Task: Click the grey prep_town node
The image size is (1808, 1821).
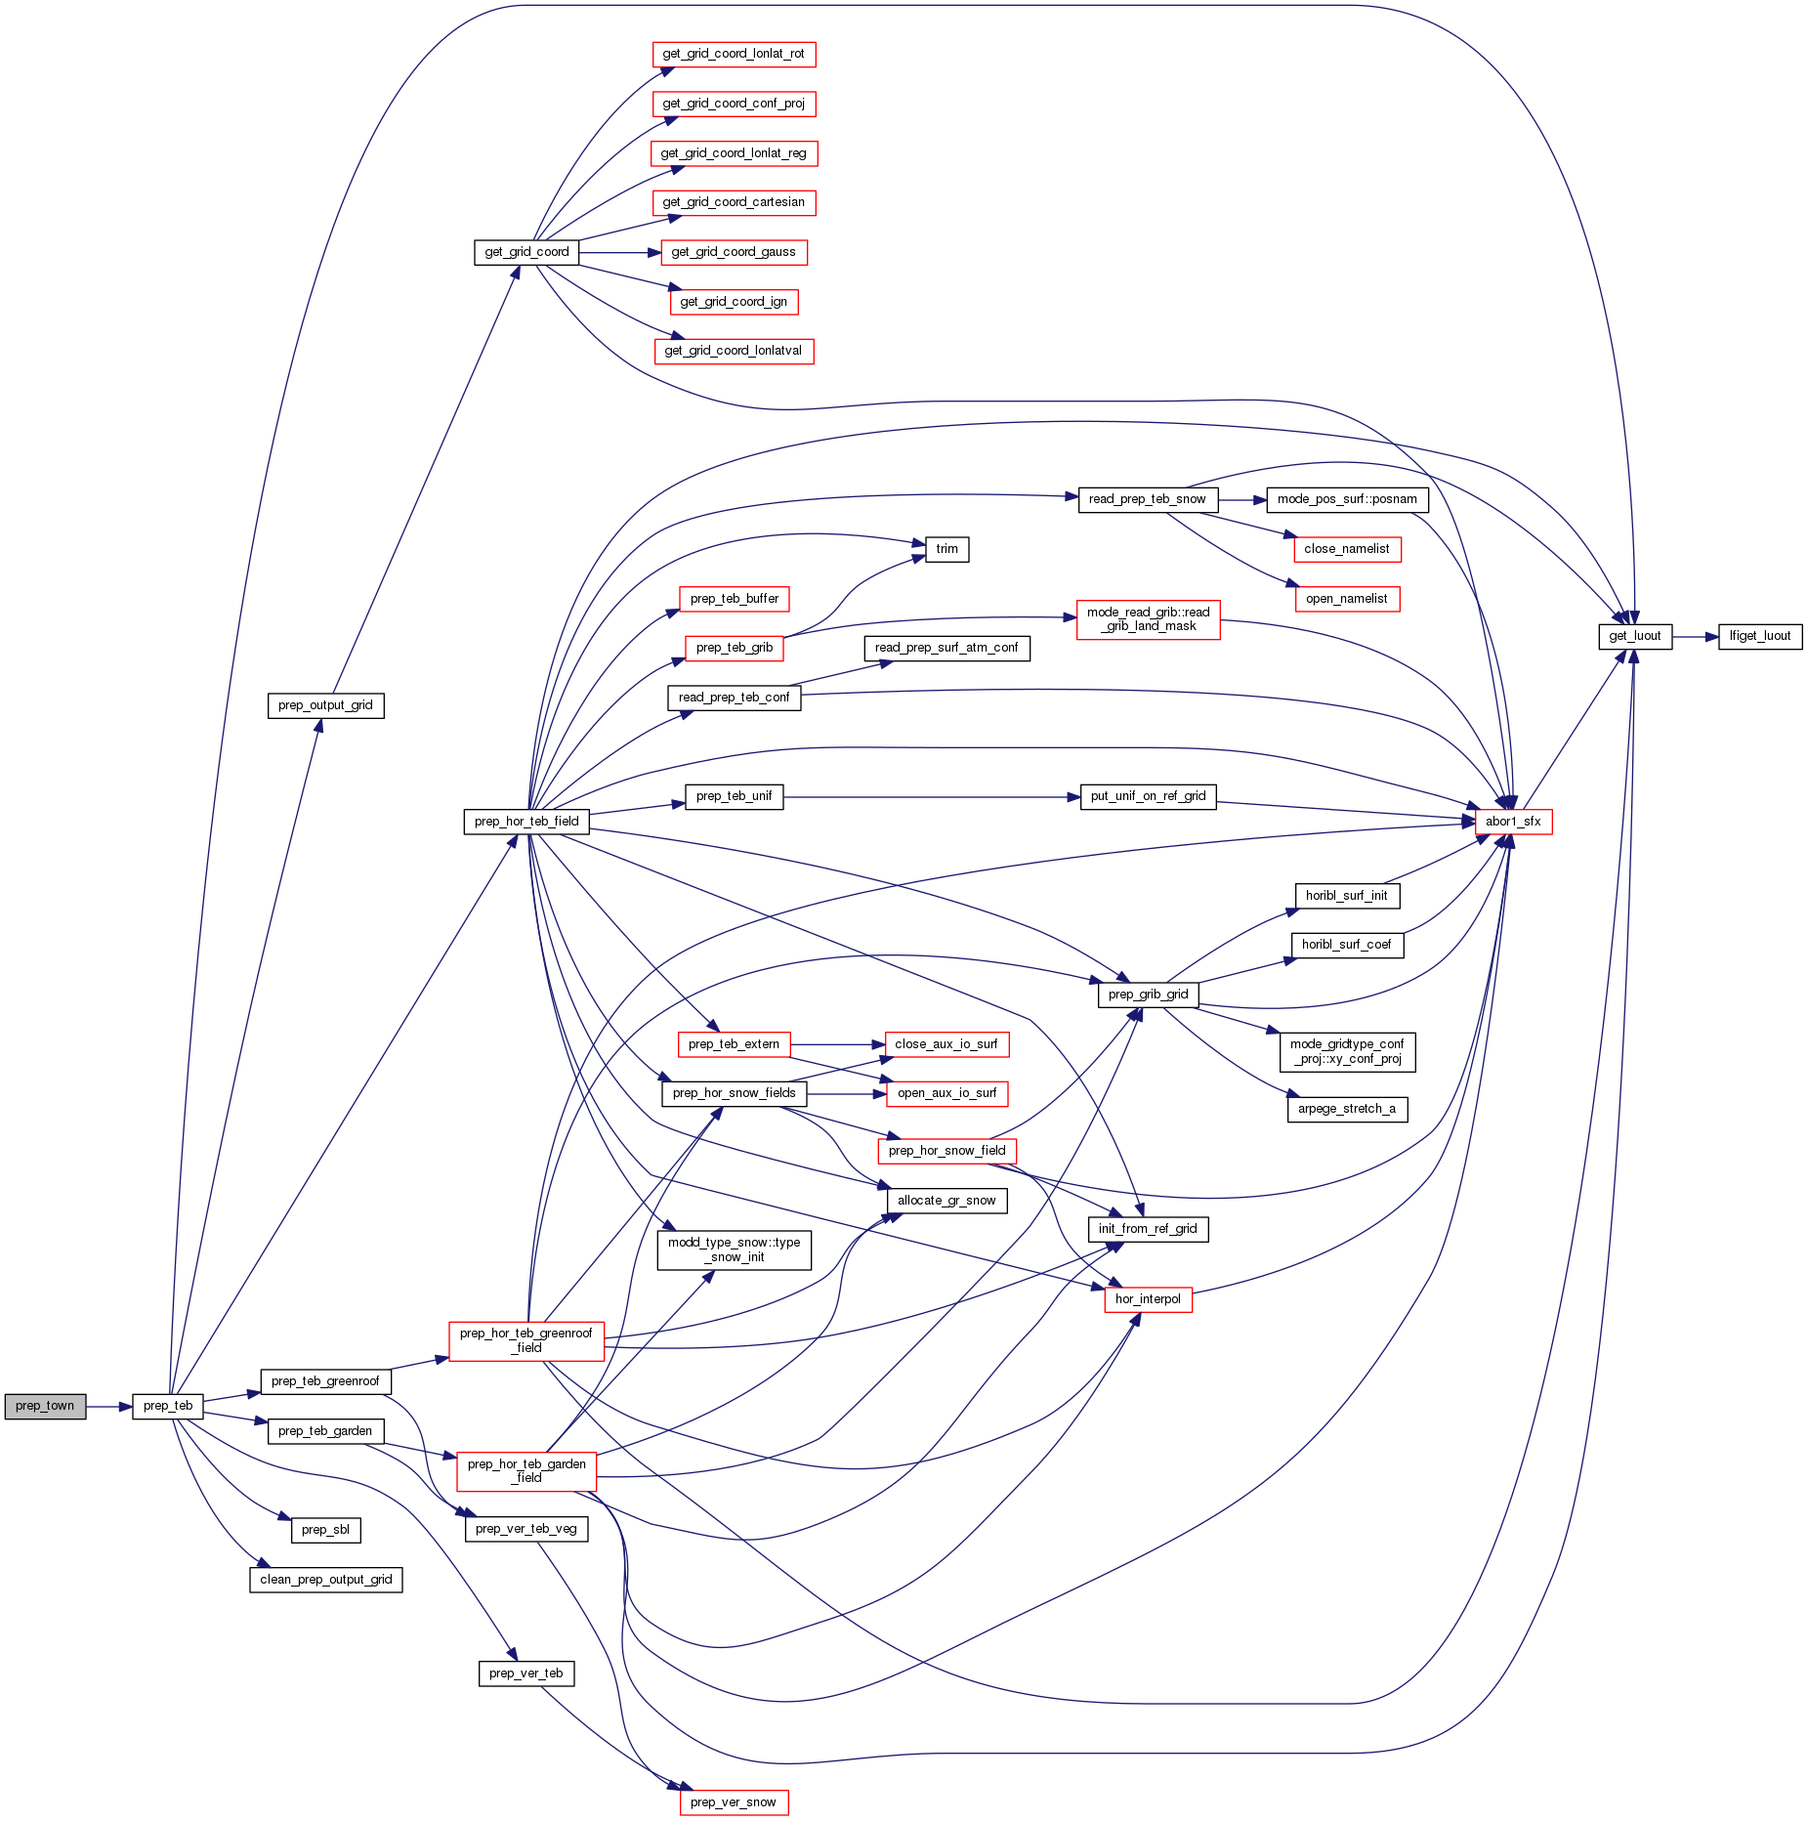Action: coord(45,1406)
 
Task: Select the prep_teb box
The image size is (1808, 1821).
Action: coord(168,1406)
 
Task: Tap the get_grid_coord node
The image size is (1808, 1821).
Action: coord(526,252)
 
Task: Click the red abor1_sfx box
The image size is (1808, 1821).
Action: coord(1513,822)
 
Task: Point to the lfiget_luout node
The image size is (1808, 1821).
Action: coord(1760,636)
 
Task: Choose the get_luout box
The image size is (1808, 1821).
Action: coord(1635,636)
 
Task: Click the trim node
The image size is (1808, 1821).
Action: coord(946,549)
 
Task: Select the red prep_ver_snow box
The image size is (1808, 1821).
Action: coord(734,1802)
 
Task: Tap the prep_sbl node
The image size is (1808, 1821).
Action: coord(325,1530)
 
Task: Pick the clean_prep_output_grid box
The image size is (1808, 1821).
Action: coord(326,1580)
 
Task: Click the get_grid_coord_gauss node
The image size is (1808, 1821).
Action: coord(734,252)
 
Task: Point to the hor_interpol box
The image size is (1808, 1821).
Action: coord(1148,1299)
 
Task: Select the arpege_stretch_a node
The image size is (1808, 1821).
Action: coord(1347,1109)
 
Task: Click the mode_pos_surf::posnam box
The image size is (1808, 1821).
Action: coord(1347,499)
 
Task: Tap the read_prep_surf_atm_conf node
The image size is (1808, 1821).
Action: coord(946,648)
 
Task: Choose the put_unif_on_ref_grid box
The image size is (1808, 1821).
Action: coord(1148,796)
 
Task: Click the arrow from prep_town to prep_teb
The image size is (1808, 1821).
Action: coord(108,1407)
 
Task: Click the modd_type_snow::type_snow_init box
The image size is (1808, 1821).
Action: coord(735,1250)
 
